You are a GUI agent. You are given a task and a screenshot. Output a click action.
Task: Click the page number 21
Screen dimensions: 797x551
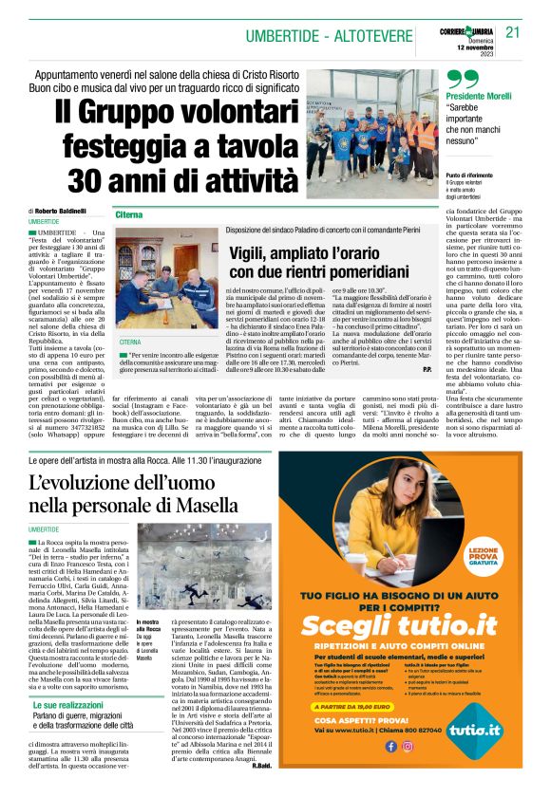pyautogui.click(x=514, y=32)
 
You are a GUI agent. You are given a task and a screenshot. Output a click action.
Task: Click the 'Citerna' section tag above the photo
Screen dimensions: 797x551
pyautogui.click(x=130, y=215)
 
